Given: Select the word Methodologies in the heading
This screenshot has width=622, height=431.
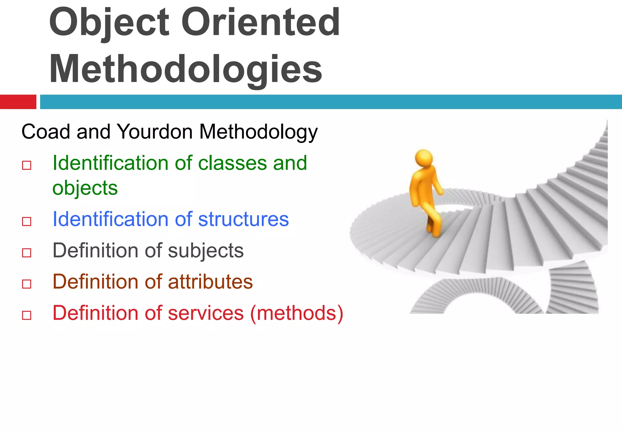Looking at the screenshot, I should pos(185,69).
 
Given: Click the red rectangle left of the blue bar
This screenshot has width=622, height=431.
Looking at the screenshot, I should pos(18,102).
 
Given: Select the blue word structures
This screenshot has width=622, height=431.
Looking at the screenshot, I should pos(243,219).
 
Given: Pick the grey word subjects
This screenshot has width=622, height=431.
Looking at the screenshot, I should pos(206,251).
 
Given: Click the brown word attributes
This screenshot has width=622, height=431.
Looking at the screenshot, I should pos(210,282).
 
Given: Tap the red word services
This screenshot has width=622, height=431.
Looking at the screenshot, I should pos(206,313).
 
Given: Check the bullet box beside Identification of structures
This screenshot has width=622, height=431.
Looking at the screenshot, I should pos(27,221).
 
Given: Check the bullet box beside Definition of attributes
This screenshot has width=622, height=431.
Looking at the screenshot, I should pos(27,284).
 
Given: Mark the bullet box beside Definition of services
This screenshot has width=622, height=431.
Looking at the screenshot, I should pos(27,315).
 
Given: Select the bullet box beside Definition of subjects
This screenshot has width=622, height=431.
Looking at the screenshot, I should pos(27,253).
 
